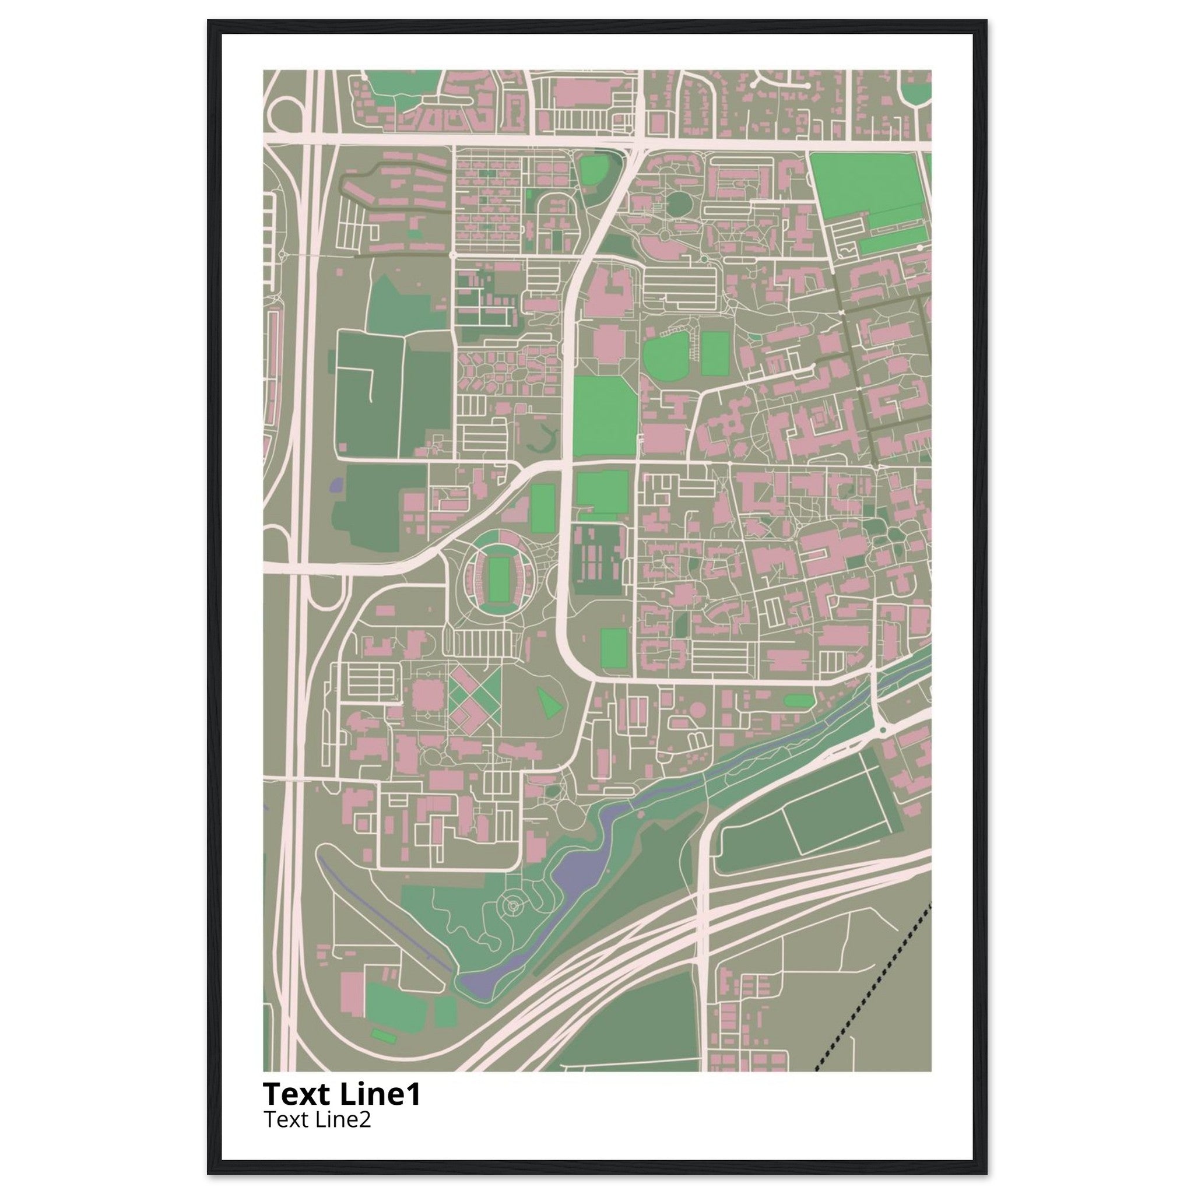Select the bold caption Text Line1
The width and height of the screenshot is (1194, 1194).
pos(341,1094)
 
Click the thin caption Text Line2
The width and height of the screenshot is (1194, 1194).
pos(317,1119)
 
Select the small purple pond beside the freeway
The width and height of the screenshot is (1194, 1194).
pos(337,484)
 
